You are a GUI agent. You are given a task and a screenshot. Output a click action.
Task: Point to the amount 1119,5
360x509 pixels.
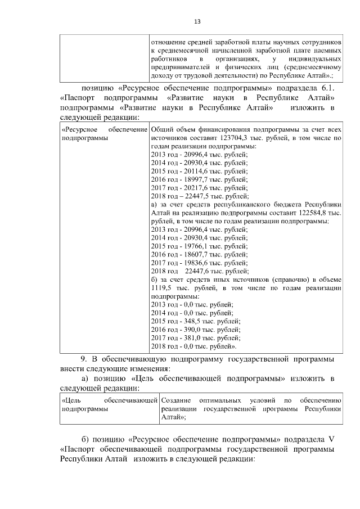(x=161, y=288)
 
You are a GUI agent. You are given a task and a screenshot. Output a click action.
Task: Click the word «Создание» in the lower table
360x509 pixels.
(x=175, y=400)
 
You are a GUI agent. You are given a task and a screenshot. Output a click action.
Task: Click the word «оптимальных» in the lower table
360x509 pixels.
(x=222, y=400)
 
